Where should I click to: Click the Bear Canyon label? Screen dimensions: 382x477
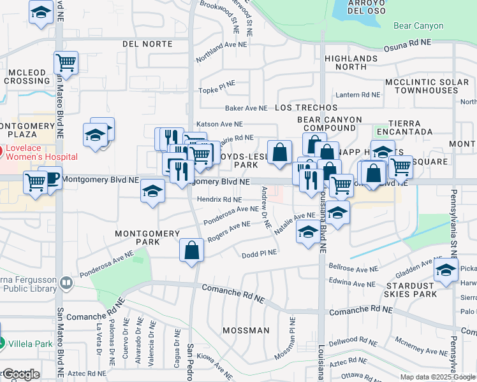[418, 26]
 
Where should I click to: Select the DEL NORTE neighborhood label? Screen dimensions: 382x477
[147, 44]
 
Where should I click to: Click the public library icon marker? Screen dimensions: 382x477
[66, 282]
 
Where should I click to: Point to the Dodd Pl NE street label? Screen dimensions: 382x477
[260, 253]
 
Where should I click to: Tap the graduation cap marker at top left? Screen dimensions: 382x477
[41, 12]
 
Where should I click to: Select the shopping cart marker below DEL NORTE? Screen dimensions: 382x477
[66, 62]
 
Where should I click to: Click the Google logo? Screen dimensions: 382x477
[20, 374]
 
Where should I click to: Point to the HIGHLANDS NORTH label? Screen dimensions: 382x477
[350, 62]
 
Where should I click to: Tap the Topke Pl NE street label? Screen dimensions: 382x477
[217, 90]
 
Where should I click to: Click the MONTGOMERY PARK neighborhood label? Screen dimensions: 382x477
[147, 237]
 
